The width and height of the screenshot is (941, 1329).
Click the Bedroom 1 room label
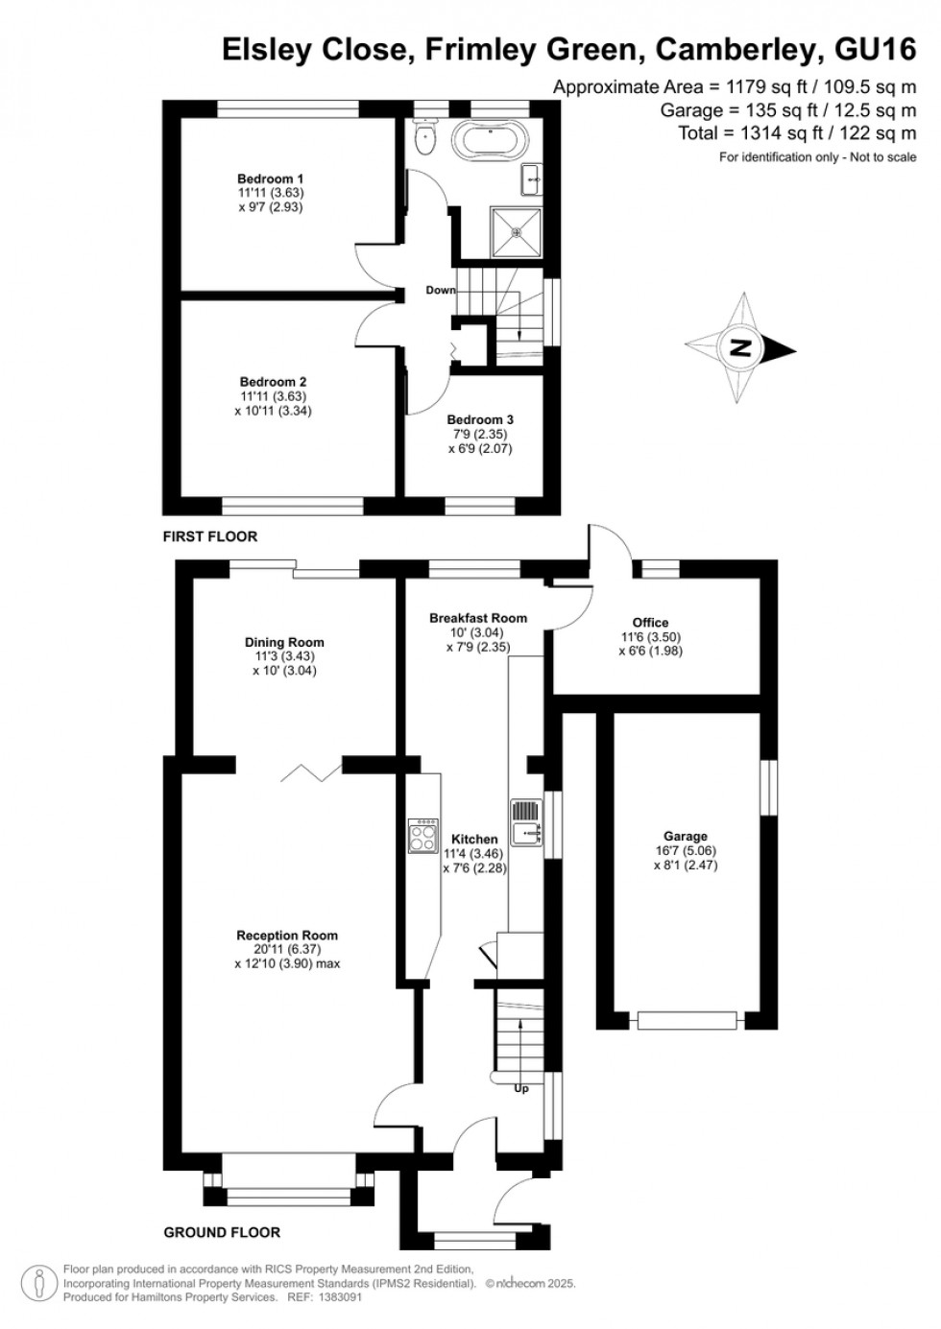270,178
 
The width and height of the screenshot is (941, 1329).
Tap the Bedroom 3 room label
480,419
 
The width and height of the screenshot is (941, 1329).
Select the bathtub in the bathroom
489,141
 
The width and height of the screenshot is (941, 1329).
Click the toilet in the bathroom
423,137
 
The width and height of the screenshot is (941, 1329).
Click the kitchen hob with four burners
422,836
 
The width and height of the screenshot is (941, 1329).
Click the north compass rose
740,347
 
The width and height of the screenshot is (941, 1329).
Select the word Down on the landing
441,290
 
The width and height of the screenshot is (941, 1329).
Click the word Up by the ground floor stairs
521,1088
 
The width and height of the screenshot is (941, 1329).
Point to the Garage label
685,836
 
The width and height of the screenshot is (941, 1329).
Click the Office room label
650,623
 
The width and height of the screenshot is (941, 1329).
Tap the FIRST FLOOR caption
210,536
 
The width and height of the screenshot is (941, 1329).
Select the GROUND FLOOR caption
222,1232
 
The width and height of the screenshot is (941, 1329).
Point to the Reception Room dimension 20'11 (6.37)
287,950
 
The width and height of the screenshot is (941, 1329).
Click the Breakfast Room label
478,618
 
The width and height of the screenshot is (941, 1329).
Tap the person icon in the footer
38,1283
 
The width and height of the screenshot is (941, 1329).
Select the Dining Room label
284,642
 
